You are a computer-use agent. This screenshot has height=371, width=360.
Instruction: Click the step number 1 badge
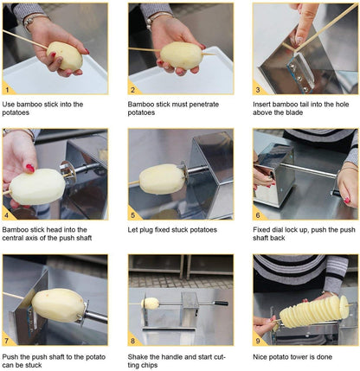(7, 90)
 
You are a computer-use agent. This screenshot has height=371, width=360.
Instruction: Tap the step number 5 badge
(132, 215)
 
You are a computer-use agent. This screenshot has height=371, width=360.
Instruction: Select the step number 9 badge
(258, 341)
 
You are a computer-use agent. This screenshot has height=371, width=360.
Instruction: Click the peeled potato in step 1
(65, 55)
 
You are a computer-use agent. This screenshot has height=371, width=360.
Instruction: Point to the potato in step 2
(181, 55)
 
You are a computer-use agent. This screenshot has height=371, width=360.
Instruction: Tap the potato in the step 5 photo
(162, 179)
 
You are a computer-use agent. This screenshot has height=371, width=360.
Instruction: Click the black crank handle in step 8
(221, 304)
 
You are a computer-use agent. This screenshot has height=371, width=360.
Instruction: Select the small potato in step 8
(150, 304)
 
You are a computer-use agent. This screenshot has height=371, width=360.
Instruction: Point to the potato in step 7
(58, 305)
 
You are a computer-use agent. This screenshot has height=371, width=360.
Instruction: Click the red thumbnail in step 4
(30, 168)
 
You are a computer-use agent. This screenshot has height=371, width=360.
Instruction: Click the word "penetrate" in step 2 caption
(203, 105)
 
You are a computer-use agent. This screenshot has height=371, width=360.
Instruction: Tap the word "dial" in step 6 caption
(278, 230)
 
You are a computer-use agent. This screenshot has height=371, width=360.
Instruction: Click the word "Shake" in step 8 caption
(138, 357)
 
